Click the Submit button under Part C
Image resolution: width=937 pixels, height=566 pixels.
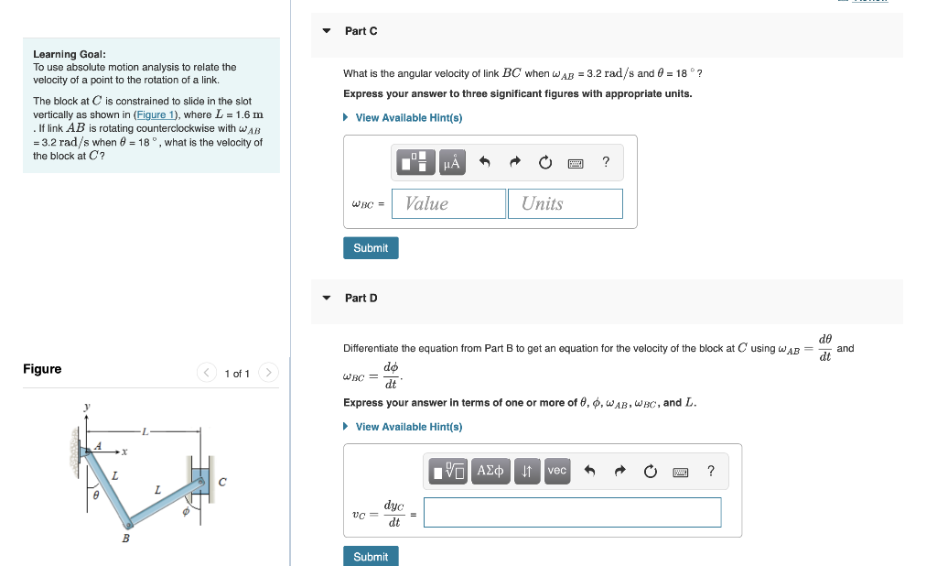click(x=371, y=248)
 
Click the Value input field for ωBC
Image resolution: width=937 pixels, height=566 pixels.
click(x=448, y=203)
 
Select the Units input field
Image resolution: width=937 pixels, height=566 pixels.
click(x=565, y=203)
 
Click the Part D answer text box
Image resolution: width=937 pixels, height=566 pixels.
click(x=572, y=513)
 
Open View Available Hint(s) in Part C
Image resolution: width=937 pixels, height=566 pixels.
click(x=408, y=118)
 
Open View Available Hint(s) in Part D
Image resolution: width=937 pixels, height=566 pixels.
click(x=408, y=427)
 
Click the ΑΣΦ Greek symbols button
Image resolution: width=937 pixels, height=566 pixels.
click(x=491, y=471)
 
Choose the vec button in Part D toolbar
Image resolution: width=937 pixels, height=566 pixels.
click(x=556, y=471)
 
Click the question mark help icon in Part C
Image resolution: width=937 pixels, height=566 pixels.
click(x=606, y=163)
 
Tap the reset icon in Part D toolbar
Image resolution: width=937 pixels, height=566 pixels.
click(x=650, y=472)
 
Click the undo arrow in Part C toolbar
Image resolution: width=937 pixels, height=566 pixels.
click(x=486, y=163)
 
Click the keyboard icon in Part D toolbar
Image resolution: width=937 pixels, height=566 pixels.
click(x=680, y=472)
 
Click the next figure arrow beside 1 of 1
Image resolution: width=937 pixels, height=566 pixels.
click(x=268, y=374)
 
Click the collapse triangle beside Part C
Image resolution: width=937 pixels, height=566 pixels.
click(x=327, y=31)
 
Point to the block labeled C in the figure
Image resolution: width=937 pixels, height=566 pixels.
click(x=199, y=479)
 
